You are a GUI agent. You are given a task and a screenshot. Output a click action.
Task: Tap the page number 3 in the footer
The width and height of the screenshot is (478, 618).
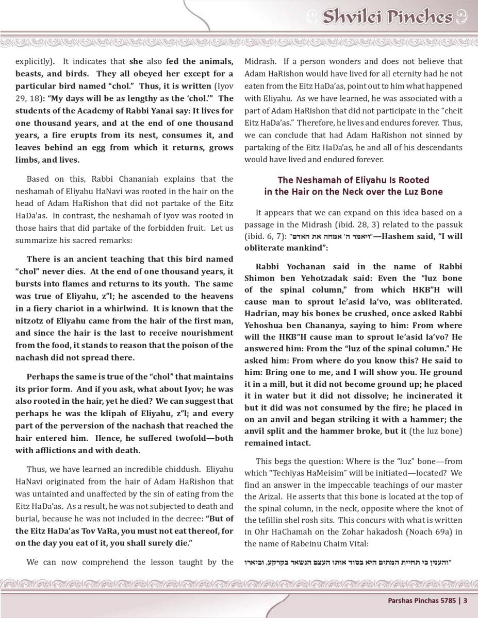[x=465, y=600]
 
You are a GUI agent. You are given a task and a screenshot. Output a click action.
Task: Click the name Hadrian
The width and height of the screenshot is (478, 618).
[x=260, y=314]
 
